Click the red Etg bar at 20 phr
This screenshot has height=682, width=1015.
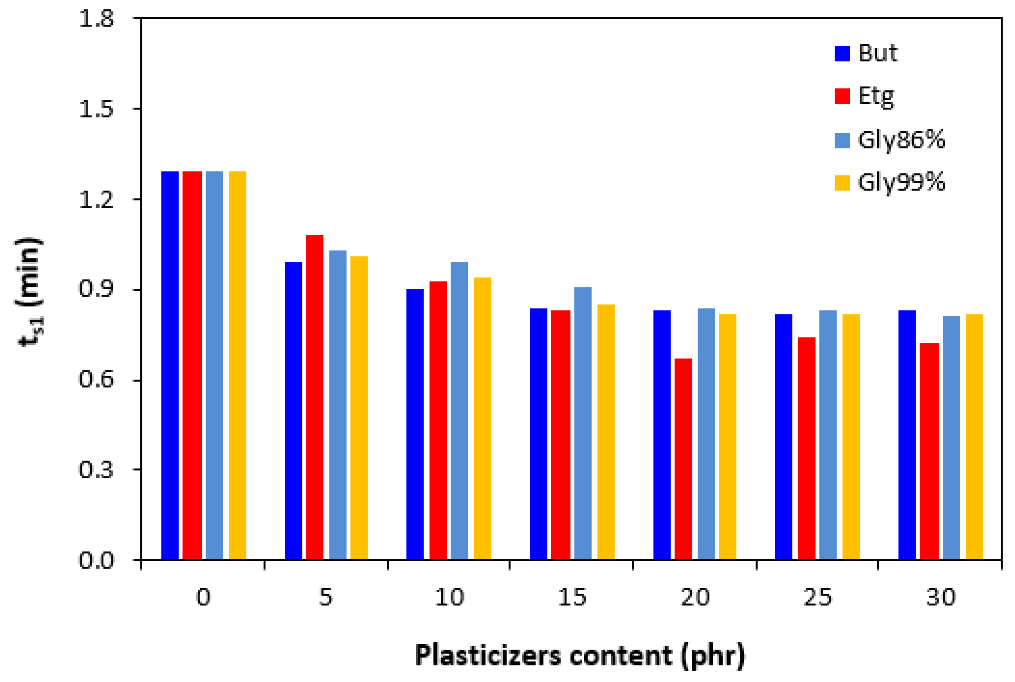point(683,459)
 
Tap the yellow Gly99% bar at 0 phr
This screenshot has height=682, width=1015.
point(237,365)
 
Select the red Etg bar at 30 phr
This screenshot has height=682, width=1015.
point(929,451)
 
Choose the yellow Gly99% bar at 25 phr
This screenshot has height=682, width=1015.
point(851,437)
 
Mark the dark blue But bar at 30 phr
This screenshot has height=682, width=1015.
point(907,435)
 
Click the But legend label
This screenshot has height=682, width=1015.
point(878,54)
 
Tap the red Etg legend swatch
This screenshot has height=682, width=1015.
point(842,96)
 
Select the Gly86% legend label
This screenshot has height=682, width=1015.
point(901,140)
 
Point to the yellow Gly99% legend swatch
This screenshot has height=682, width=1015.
point(842,183)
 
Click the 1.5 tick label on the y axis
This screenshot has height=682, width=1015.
point(96,109)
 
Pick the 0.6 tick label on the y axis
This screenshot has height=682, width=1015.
point(96,380)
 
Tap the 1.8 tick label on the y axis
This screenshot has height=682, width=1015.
point(96,19)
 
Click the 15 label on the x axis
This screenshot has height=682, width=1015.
point(571,597)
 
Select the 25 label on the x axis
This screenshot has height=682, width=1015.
point(817,597)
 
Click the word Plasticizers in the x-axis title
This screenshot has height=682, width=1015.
point(488,655)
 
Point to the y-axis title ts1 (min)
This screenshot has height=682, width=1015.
point(30,291)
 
